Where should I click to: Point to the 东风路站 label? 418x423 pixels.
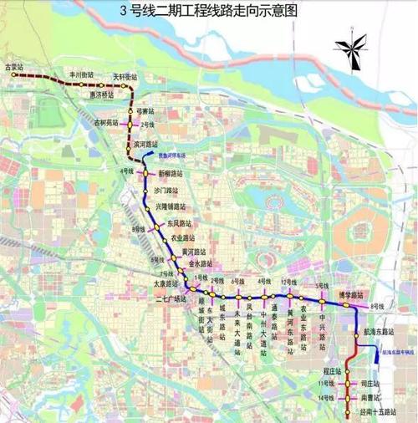[179, 223]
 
